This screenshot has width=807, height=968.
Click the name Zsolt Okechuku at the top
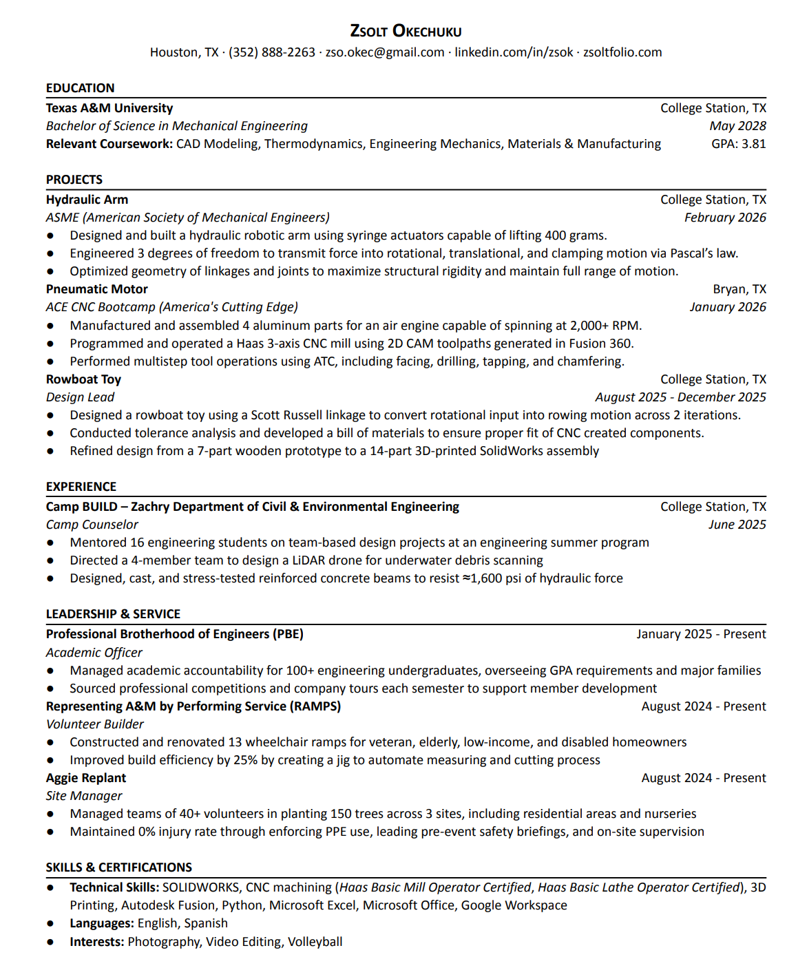[x=406, y=31]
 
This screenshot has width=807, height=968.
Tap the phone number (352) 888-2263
[x=271, y=52]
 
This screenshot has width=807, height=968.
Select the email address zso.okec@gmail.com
[x=384, y=52]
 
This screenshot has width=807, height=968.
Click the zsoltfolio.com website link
[x=622, y=52]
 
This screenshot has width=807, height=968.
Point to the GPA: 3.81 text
[x=738, y=144]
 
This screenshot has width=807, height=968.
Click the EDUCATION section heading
[x=80, y=88]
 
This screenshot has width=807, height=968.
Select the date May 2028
[x=737, y=126]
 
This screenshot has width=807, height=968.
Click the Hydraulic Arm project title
[x=87, y=200]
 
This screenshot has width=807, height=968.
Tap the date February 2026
[x=725, y=218]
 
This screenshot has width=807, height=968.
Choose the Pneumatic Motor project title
[x=96, y=289]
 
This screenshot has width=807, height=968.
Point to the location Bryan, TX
[x=740, y=289]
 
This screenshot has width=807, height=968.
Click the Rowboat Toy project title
[x=83, y=379]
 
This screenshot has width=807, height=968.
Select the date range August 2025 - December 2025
[x=680, y=397]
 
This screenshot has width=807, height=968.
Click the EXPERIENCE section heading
[x=81, y=487]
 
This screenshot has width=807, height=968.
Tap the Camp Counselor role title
[x=92, y=525]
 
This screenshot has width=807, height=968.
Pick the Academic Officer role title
[x=94, y=653]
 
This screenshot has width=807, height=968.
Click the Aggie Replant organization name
[x=86, y=778]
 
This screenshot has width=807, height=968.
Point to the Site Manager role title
[x=84, y=796]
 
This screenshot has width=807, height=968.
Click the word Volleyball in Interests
[x=315, y=942]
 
